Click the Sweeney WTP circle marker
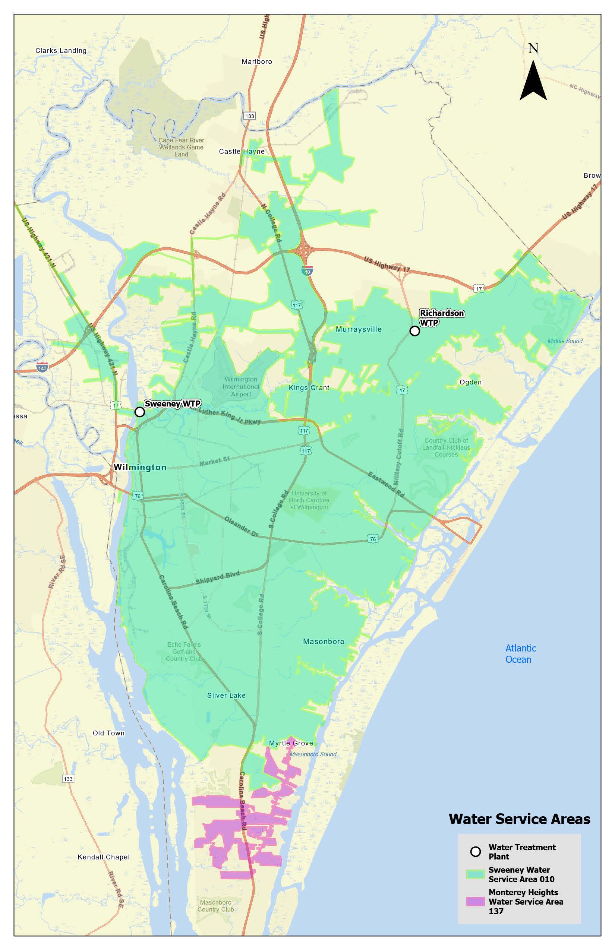pos(139,412)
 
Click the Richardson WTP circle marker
pos(414,330)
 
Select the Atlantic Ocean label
pos(520,653)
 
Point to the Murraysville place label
pos(358,329)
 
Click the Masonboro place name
pos(324,642)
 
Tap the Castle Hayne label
pos(242,151)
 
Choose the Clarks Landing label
pos(61,50)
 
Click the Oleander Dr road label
pos(241,526)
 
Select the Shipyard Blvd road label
pos(217,577)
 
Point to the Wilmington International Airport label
pos(241,386)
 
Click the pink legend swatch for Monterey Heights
pos(475,901)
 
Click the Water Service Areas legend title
pos(519,819)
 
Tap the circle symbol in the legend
pos(475,851)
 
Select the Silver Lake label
pos(226,695)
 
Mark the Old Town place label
pos(108,733)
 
